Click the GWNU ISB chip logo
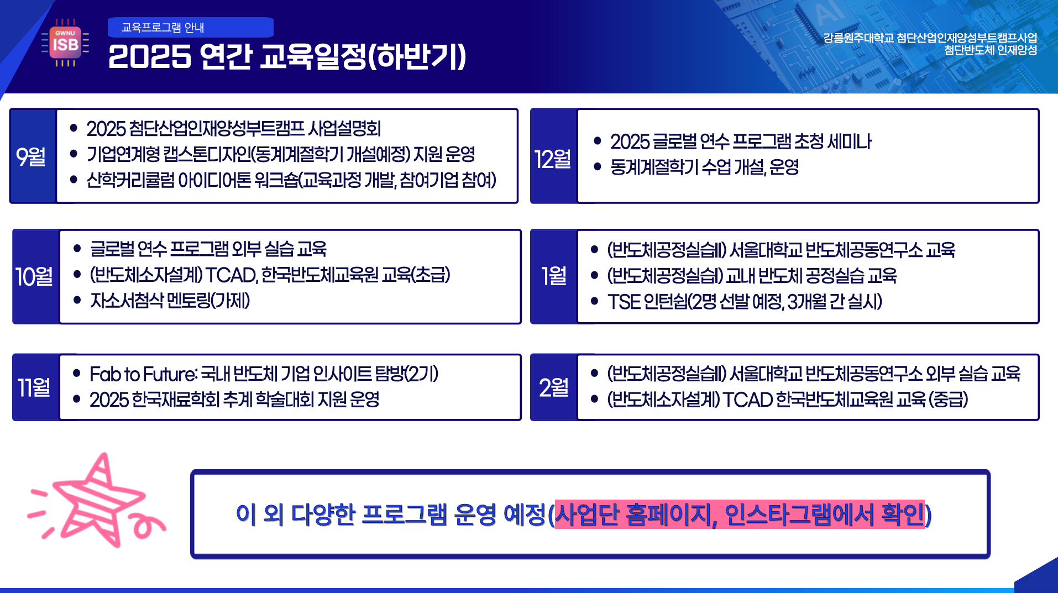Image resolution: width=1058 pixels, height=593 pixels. tap(65, 43)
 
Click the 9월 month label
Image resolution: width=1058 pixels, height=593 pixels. tap(31, 156)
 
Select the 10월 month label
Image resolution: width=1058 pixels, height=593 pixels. tap(34, 276)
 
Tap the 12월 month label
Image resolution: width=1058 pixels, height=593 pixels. tap(552, 159)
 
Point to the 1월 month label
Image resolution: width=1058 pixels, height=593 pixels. tap(554, 276)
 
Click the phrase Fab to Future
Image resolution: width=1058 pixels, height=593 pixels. tap(143, 374)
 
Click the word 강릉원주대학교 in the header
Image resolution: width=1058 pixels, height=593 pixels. tap(858, 38)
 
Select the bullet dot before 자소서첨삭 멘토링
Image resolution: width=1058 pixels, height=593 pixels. tap(77, 300)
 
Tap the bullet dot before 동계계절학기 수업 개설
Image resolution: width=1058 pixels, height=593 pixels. tap(597, 166)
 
